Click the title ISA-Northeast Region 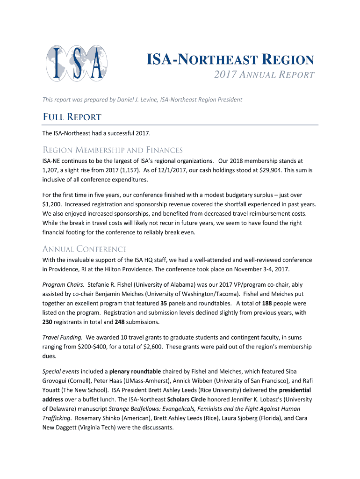pyautogui.click(x=230, y=60)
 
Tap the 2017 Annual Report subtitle pyautogui.click(x=264, y=75)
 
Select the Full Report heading pyautogui.click(x=72, y=117)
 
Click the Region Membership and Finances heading pyautogui.click(x=112, y=150)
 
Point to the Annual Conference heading pyautogui.click(x=85, y=249)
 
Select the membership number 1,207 pyautogui.click(x=51, y=170)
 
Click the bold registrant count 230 pyautogui.click(x=48, y=322)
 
